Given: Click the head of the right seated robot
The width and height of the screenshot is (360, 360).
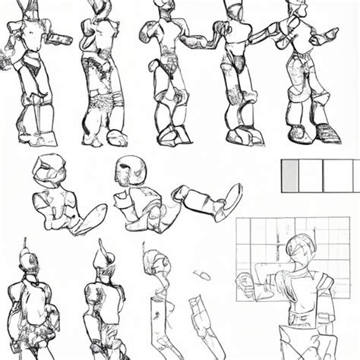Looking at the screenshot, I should [128, 172].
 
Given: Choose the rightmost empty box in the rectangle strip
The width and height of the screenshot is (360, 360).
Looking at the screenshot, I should [339, 175].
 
